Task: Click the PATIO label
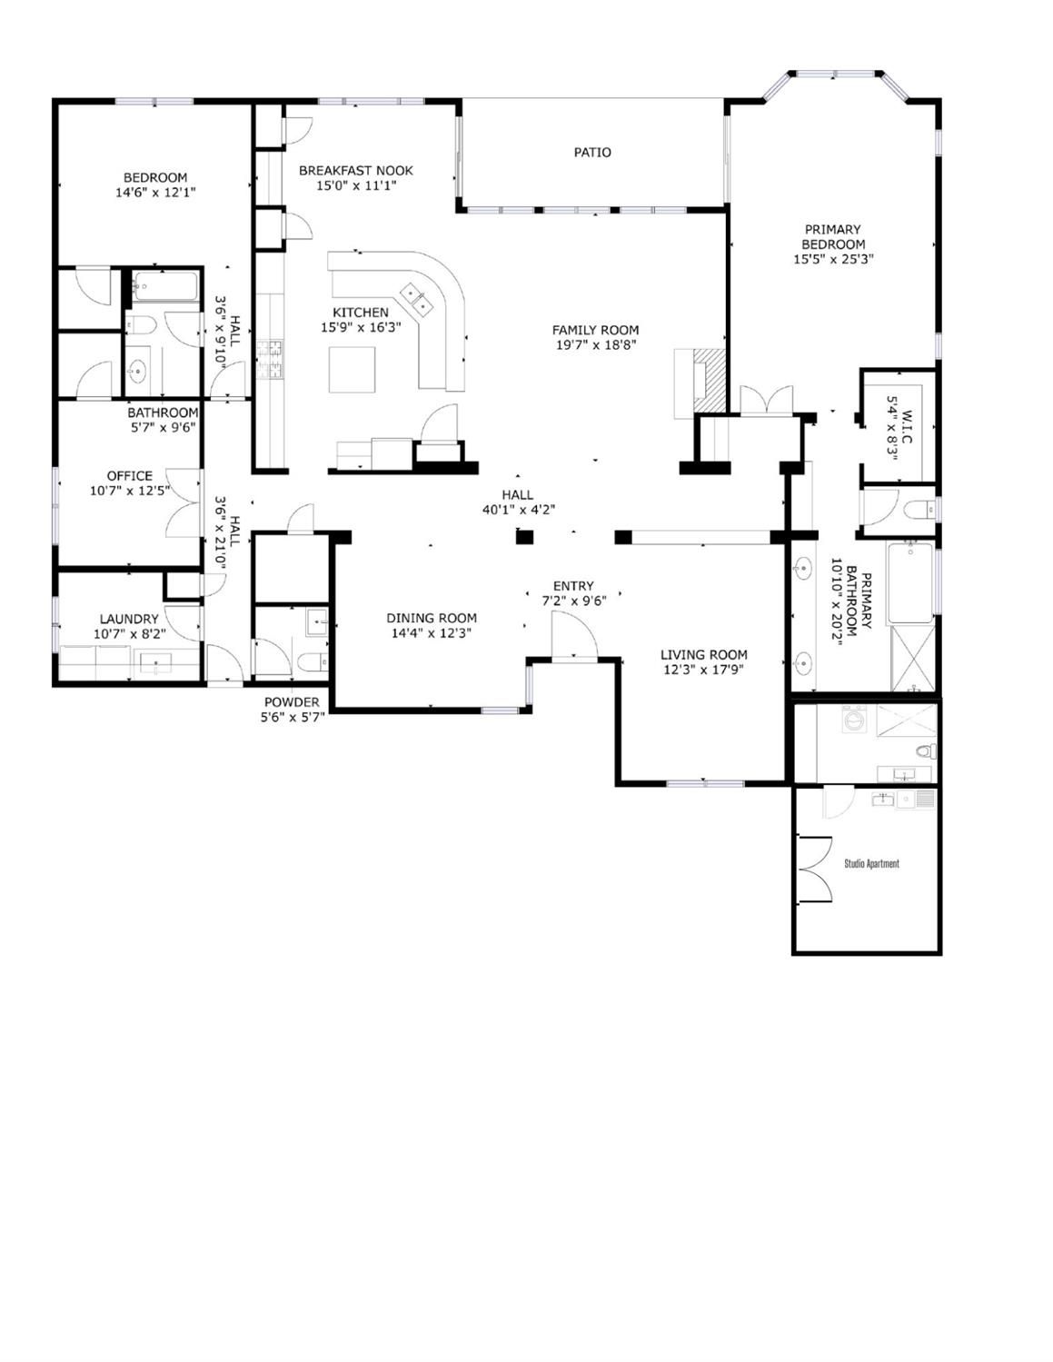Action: pos(592,153)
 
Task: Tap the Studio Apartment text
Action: pos(871,864)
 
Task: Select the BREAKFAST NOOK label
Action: pos(356,171)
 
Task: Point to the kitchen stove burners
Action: pos(270,359)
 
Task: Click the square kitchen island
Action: pos(353,369)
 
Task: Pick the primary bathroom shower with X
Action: pos(912,658)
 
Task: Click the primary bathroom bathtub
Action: pos(910,582)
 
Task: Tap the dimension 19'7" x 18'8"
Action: pos(596,344)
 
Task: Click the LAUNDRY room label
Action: pos(129,620)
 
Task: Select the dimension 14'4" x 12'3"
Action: pos(432,633)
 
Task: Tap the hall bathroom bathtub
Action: pos(166,286)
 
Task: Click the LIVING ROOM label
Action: pos(704,654)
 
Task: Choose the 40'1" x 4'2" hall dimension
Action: pos(519,511)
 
